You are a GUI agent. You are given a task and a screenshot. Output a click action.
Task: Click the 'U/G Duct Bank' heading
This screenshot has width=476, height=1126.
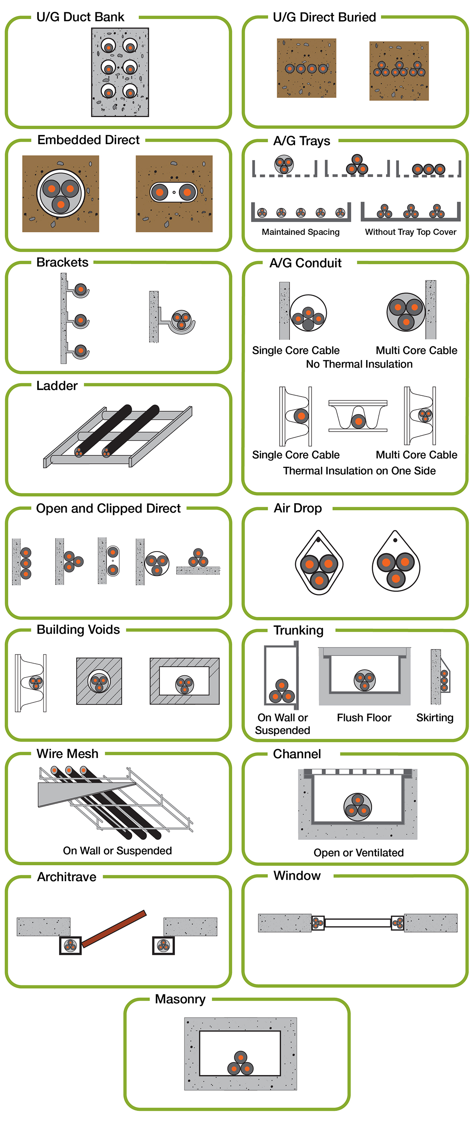point(80,17)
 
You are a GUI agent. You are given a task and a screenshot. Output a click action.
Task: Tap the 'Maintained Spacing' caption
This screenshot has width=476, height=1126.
point(300,232)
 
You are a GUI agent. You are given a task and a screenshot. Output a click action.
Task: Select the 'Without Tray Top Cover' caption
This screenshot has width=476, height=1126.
point(411,232)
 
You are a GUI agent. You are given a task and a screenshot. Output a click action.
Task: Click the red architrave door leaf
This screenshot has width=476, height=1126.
point(114,928)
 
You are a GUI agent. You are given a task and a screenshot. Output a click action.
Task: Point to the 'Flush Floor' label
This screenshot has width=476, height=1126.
point(364,718)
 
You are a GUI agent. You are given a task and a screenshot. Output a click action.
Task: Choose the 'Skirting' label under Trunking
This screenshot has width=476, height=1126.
point(434,718)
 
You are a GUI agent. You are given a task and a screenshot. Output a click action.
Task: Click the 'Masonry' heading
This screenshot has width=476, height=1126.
point(180,999)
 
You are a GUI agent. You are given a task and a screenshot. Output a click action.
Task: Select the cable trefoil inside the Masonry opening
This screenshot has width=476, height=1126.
point(240,1063)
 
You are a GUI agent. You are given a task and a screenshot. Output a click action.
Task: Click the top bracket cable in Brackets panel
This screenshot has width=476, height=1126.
point(81,289)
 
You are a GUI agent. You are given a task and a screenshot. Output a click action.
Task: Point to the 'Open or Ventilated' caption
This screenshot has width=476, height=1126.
point(358,853)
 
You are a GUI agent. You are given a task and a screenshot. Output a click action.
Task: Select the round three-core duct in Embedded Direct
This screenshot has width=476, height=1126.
point(61,194)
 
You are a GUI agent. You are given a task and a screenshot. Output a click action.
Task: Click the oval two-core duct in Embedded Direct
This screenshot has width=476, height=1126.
point(174,192)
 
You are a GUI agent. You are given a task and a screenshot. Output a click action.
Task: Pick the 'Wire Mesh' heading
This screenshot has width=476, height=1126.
point(67,754)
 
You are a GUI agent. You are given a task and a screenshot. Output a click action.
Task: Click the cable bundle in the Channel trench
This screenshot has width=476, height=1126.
point(357,807)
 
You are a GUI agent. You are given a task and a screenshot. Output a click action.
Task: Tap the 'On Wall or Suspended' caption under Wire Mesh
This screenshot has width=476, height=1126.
point(117,851)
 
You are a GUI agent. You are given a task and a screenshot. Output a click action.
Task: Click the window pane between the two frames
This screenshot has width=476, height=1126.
point(357,923)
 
